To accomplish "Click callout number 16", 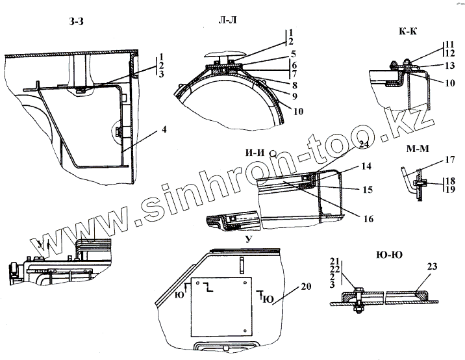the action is [x=368, y=219].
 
